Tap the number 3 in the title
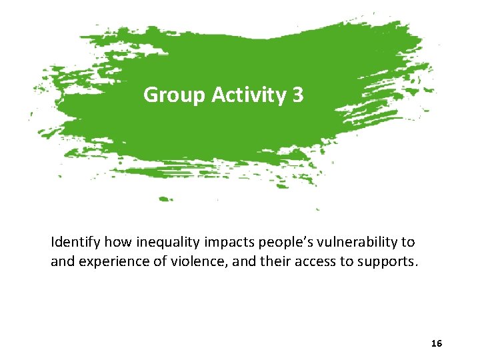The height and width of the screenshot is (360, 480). coord(297,95)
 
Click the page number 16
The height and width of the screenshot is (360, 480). coord(437,343)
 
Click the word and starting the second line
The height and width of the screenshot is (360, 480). coord(63,261)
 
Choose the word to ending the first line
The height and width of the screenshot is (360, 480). coord(408,242)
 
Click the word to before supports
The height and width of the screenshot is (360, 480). coord(347,261)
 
